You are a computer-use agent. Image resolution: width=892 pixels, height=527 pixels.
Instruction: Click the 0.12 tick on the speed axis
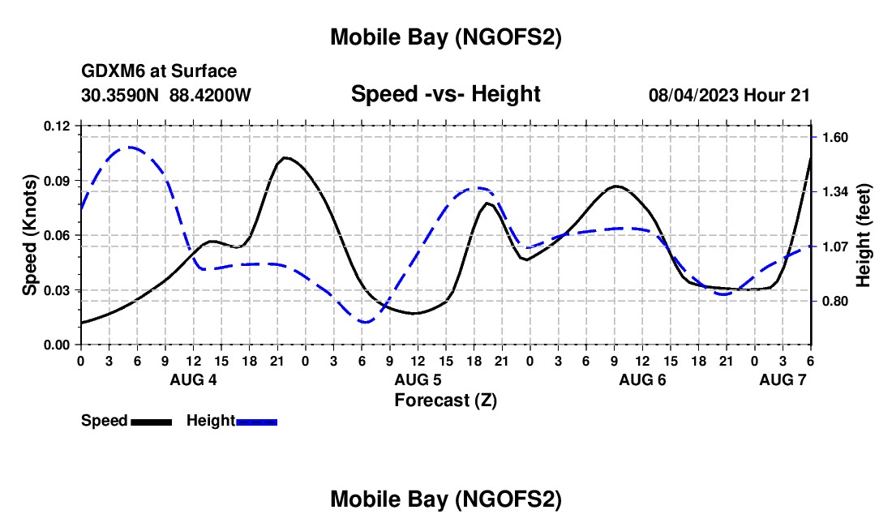[58, 126]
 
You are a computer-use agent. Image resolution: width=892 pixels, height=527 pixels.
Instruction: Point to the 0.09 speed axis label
[58, 180]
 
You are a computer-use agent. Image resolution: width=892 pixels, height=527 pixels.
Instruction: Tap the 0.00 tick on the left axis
[58, 345]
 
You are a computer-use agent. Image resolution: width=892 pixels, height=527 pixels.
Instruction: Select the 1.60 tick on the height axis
[834, 137]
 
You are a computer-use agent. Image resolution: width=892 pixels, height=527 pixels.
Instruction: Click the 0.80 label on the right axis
[834, 301]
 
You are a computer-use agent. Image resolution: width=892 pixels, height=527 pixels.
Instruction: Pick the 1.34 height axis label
[834, 191]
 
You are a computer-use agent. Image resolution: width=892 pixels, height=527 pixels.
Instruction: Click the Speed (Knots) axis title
[30, 235]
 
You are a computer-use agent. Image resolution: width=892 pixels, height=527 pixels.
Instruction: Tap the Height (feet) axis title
[863, 235]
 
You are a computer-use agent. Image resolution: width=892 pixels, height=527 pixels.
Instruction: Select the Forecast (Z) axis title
[445, 400]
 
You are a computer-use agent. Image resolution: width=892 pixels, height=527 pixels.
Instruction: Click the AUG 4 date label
[193, 379]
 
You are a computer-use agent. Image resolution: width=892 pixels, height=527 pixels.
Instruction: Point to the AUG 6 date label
[642, 379]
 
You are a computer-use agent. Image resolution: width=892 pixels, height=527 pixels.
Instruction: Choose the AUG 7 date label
[783, 379]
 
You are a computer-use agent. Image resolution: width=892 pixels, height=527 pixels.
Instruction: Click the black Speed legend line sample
[151, 421]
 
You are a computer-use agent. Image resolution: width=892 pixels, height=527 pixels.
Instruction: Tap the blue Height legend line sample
[257, 421]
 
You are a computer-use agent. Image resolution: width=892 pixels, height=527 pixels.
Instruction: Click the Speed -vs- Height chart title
[445, 94]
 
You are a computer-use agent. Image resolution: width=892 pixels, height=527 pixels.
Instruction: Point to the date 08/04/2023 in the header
[688, 95]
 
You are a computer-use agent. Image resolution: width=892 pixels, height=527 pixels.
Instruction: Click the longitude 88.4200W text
[210, 95]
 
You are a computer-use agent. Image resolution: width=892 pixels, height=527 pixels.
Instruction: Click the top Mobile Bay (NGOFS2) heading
[445, 37]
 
